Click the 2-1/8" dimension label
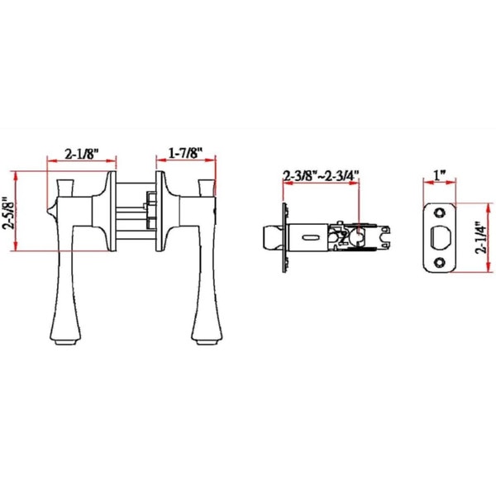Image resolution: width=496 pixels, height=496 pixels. point(82,155)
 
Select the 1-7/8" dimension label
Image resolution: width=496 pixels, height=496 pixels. point(185,154)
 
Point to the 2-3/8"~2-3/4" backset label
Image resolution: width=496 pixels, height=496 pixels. point(322,175)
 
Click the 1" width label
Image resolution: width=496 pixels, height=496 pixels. point(440,175)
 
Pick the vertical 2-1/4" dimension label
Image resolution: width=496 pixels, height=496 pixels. point(481,237)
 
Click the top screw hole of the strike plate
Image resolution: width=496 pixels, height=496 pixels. point(439,212)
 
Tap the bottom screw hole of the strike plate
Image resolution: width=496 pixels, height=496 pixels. point(439,262)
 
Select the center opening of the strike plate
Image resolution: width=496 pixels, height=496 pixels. point(440,237)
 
